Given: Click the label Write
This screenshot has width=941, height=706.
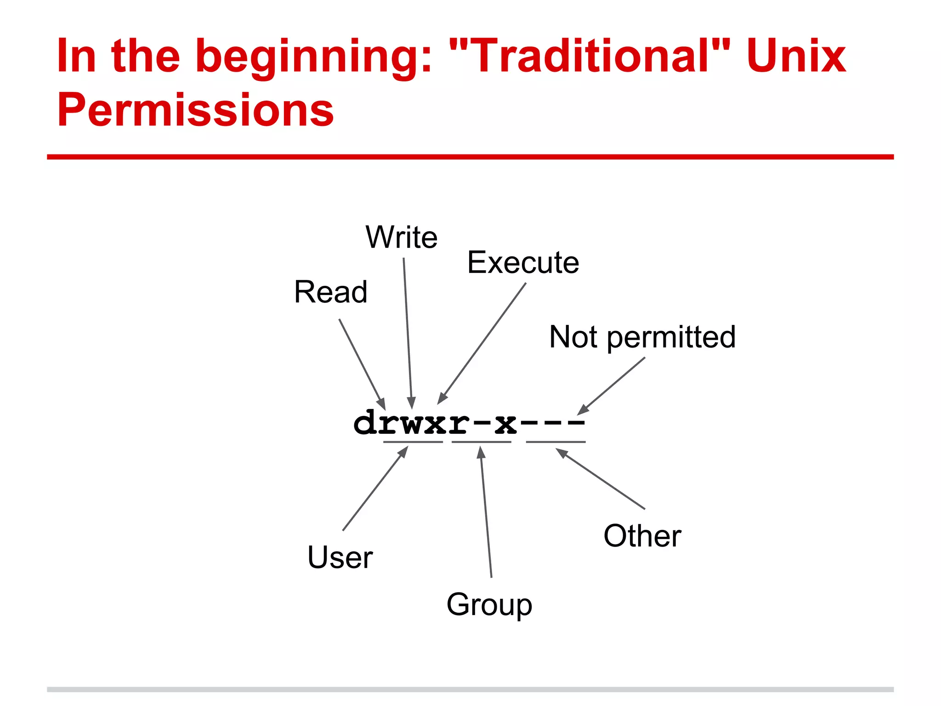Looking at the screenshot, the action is pos(402,238).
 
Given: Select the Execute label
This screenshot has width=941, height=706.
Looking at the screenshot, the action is pos(523,263).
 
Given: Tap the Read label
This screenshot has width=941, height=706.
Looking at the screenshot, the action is pos(331,292).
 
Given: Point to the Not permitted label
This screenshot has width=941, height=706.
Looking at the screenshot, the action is pos(642,337).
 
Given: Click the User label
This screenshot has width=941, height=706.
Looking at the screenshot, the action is pos(340,558).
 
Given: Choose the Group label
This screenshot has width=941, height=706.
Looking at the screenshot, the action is pos(489,605).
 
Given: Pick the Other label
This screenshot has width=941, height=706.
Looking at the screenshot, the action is pos(642,536).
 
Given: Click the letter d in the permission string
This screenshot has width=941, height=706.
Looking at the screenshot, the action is pos(365,423).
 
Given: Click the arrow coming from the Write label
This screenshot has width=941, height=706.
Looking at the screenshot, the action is pos(408,331).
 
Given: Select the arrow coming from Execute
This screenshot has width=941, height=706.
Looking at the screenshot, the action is pos(482,342).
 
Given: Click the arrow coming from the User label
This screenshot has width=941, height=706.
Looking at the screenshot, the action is pos(374,489).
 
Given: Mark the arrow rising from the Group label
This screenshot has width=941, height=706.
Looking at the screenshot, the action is pos(486,512).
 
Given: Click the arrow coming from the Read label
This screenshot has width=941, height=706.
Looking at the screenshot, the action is pos(362,363).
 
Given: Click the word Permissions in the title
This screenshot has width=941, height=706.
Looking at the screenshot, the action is pos(195,110).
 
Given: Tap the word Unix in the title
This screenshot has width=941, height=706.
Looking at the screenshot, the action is pos(796,56).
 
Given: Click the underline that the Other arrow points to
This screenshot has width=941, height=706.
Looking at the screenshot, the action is pos(556,442).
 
